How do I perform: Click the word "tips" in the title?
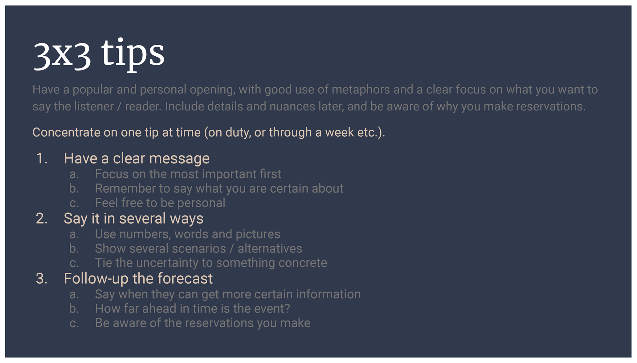coord(133,54)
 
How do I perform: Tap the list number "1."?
coord(42,159)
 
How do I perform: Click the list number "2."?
coord(42,219)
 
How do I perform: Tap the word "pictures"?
coord(258,235)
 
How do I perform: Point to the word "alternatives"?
coord(270,248)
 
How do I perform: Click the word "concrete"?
coord(303,263)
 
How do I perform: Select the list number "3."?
coord(42,279)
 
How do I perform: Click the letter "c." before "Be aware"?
coord(74,324)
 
